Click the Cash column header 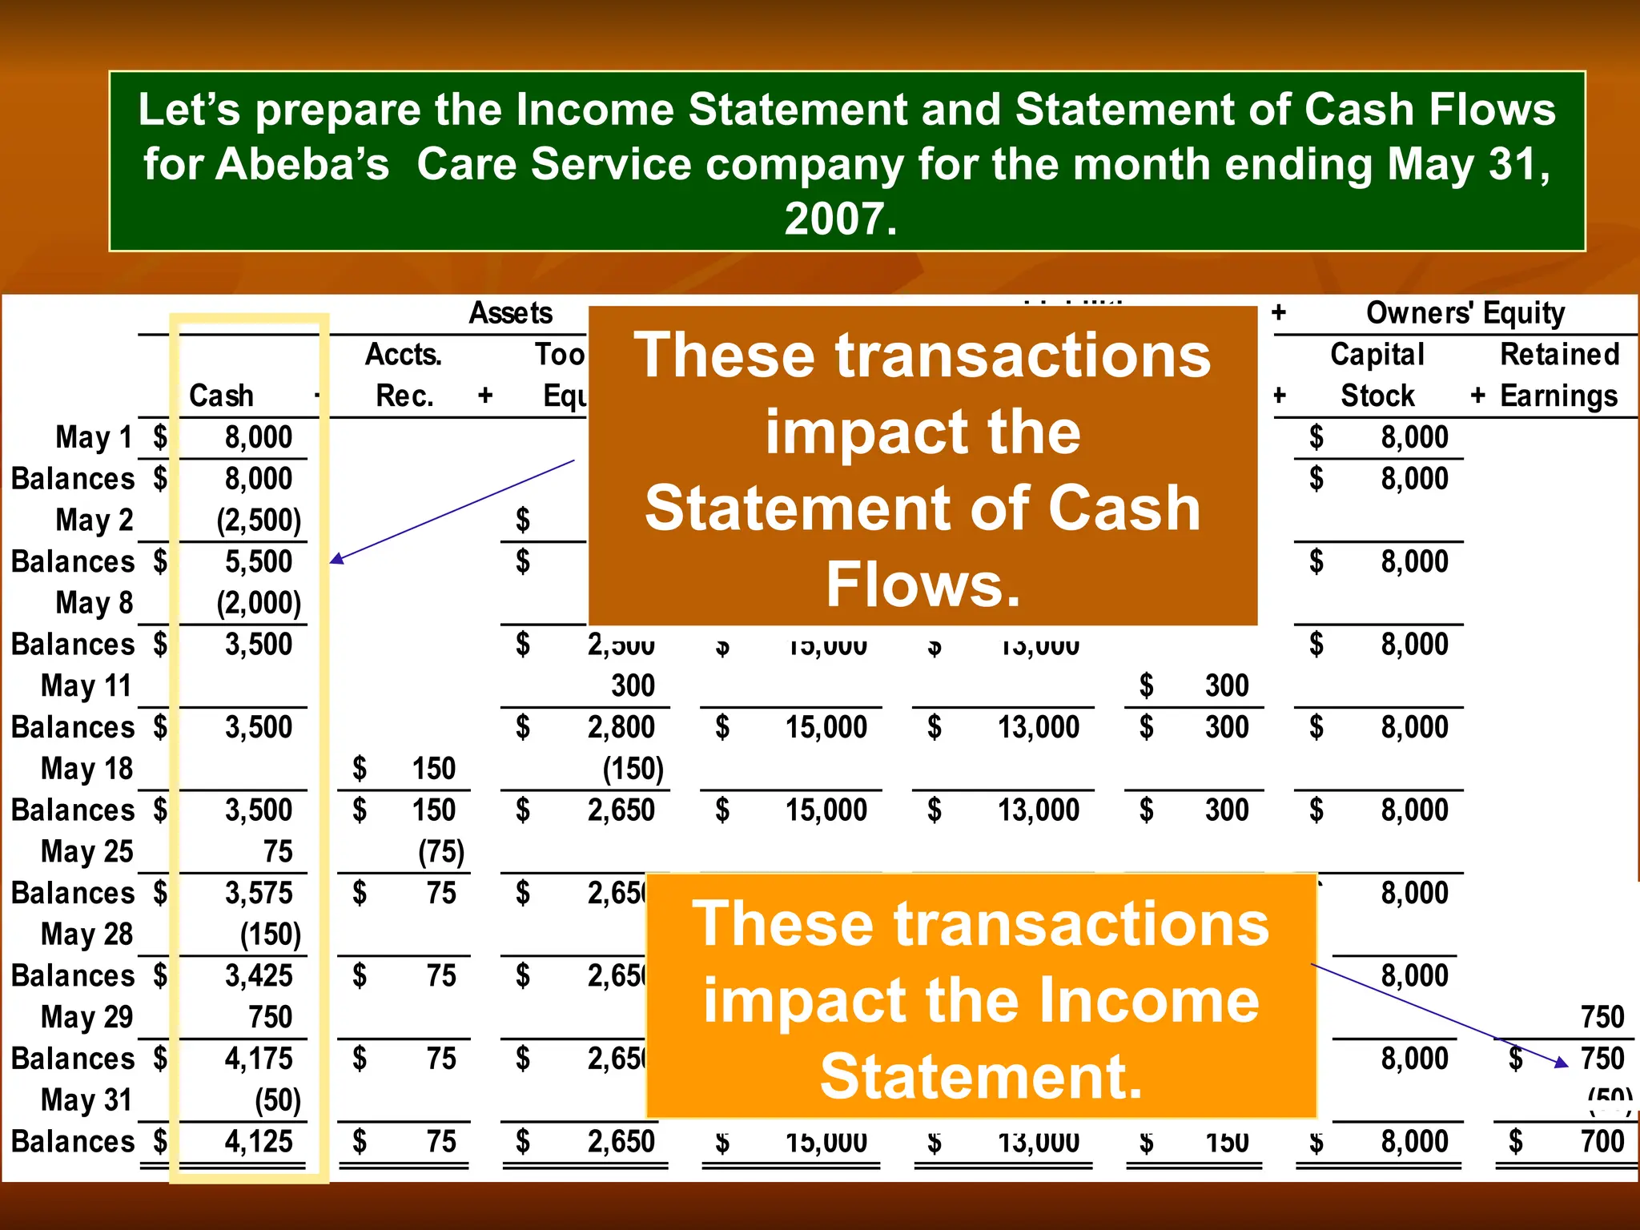[x=221, y=396]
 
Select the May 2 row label [x=94, y=521]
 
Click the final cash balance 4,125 [x=259, y=1141]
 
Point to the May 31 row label [x=86, y=1100]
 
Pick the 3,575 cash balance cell [x=259, y=893]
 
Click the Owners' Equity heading [x=1465, y=313]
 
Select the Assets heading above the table [x=511, y=313]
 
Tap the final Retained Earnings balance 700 [x=1602, y=1141]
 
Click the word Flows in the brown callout [x=922, y=585]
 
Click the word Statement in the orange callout [x=980, y=1076]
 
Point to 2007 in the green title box [x=840, y=219]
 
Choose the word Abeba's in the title [x=266, y=164]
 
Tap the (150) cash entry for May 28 [x=271, y=935]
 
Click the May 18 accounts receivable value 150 [x=433, y=769]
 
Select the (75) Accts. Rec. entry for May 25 [x=441, y=851]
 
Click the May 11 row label [x=86, y=686]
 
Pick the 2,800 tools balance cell [x=621, y=727]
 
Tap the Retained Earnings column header [x=1558, y=375]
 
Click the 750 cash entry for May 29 [x=271, y=1017]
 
